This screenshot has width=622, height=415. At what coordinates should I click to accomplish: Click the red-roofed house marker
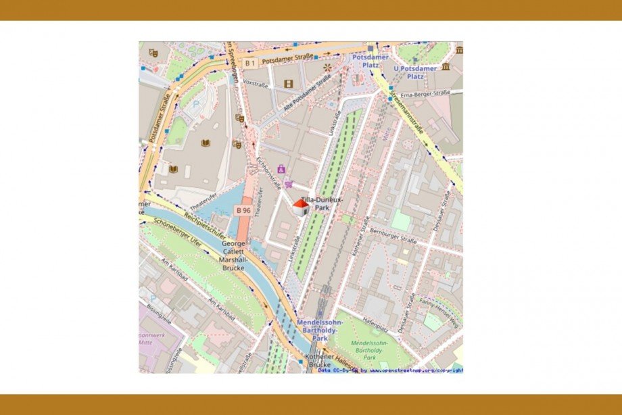300,207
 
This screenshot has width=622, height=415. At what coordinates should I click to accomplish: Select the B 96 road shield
243,211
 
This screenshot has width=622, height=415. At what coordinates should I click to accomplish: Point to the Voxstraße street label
256,84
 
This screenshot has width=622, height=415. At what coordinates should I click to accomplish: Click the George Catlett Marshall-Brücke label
233,255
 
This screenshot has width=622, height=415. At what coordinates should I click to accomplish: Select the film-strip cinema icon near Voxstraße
289,84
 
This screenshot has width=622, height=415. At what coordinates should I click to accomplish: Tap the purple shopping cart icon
289,184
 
